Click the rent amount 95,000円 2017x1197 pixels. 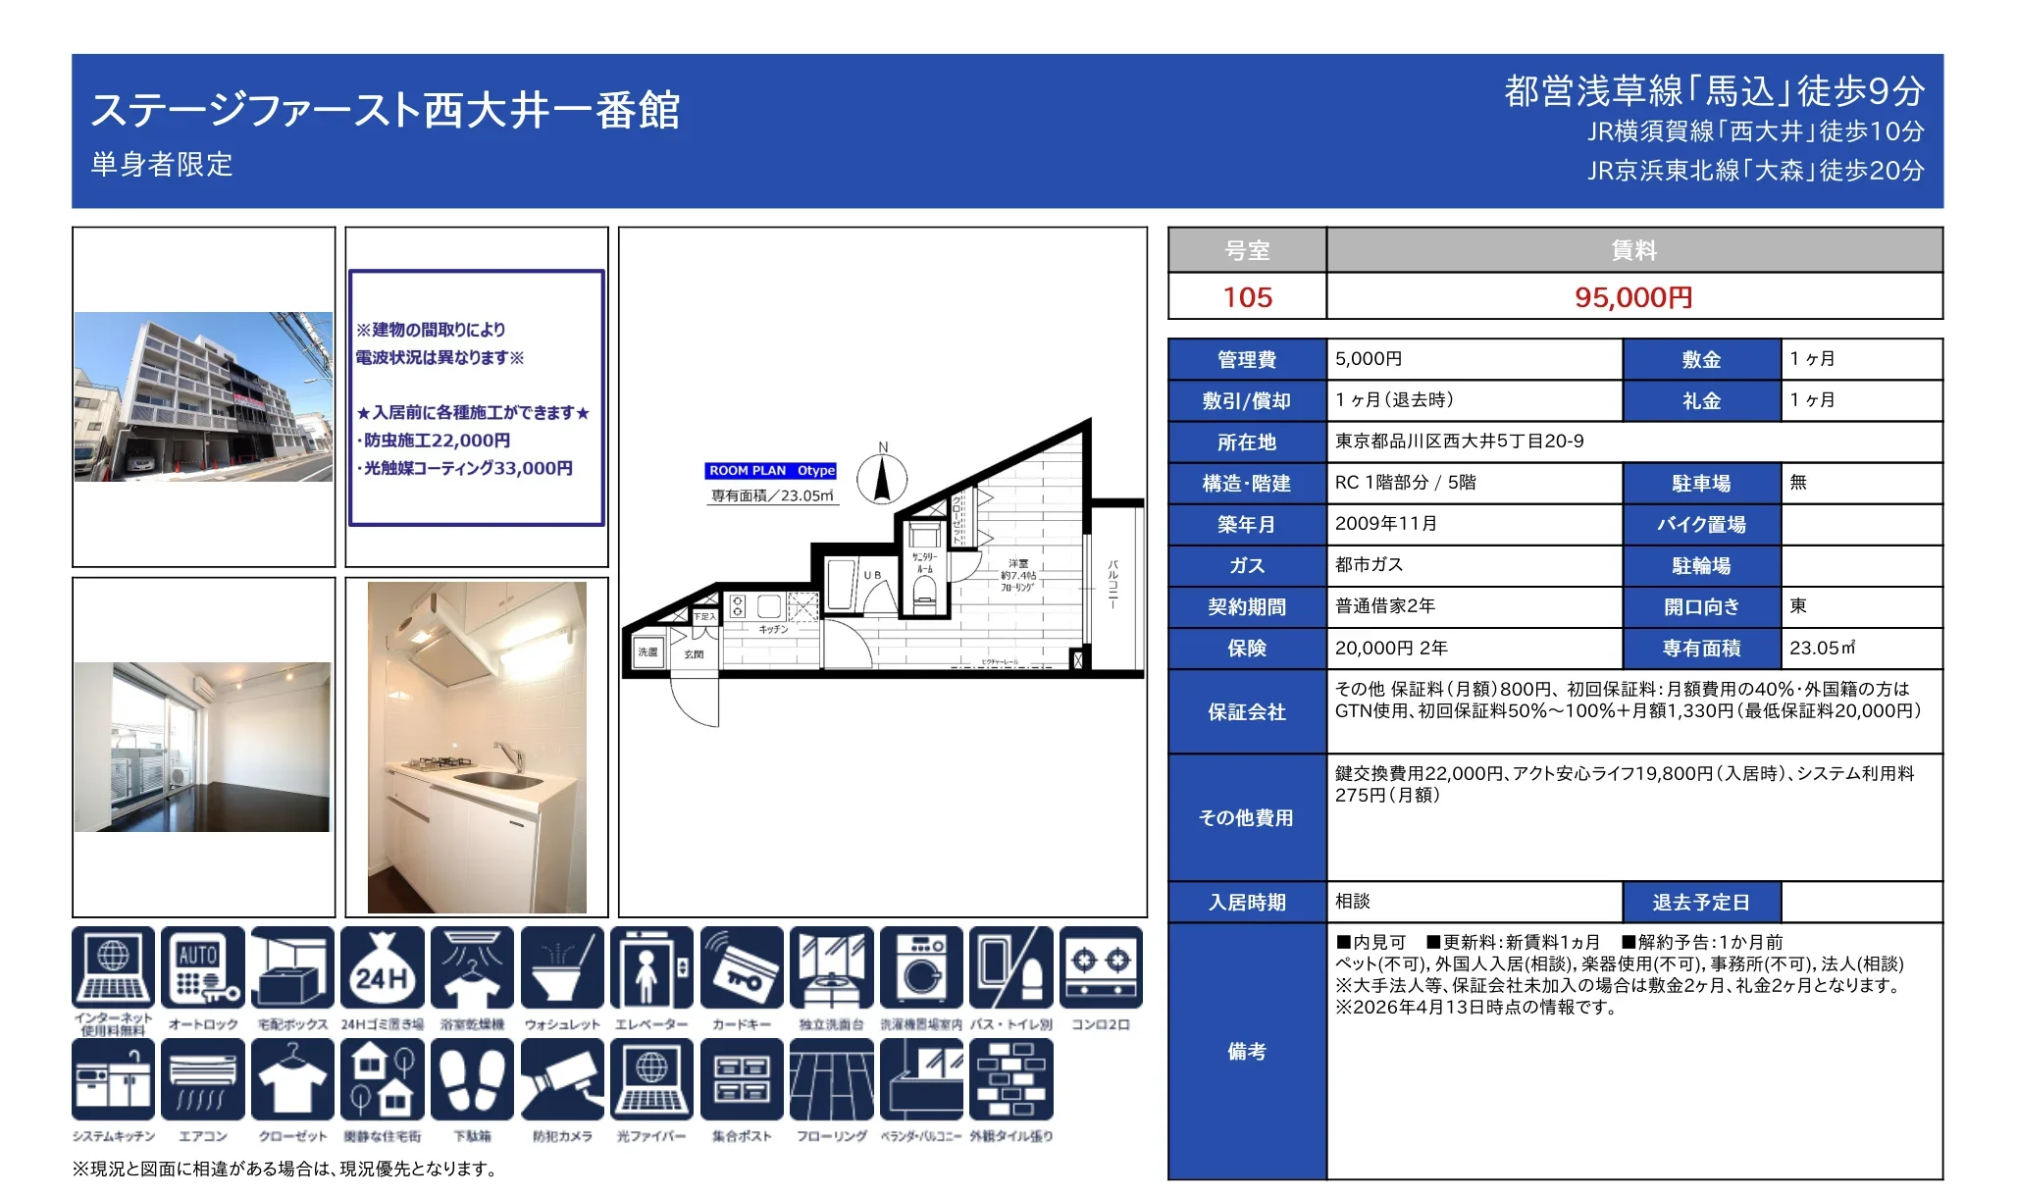tap(1633, 297)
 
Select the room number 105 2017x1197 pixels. tap(1247, 297)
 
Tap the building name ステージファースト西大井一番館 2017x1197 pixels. tap(386, 110)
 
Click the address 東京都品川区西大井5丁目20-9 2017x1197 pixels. tap(1459, 442)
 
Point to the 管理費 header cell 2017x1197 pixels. tap(1247, 360)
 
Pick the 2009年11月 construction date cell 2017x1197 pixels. tap(1386, 524)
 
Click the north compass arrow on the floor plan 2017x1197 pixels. tap(881, 481)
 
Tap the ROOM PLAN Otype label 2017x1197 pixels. tap(771, 471)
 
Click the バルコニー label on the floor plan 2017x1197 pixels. tap(1112, 585)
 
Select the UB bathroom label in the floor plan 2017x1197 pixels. tap(872, 575)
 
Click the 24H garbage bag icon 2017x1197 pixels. tap(383, 968)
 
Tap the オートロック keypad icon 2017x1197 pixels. tap(203, 968)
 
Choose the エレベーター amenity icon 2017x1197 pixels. tap(651, 968)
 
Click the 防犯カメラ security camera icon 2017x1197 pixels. tap(562, 1080)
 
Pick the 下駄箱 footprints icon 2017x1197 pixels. tap(472, 1080)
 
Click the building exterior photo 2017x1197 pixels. tap(204, 396)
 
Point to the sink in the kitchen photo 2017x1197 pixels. tap(497, 781)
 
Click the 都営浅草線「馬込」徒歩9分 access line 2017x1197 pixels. tap(1714, 91)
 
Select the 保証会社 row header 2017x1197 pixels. tap(1247, 712)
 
